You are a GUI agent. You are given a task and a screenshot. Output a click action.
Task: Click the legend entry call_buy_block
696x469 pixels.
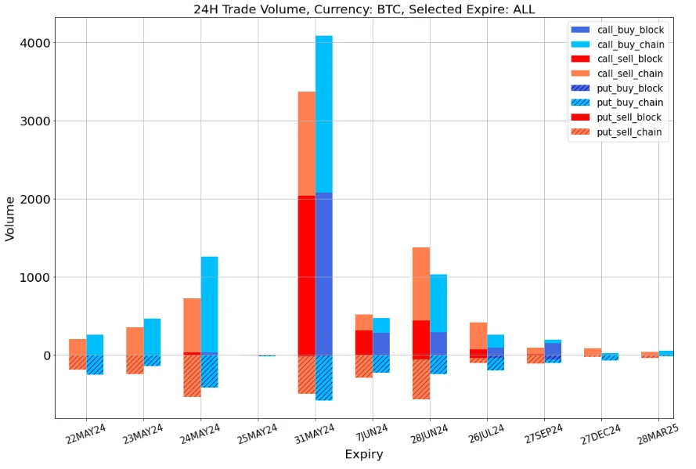tap(630, 30)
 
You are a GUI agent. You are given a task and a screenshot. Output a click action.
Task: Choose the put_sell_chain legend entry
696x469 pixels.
tap(631, 132)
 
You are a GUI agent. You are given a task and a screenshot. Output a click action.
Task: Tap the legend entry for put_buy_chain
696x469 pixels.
tap(630, 103)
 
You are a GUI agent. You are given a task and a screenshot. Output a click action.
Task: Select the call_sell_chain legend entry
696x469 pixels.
tap(630, 74)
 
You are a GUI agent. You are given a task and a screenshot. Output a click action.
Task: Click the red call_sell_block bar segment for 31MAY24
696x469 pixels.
tap(306, 275)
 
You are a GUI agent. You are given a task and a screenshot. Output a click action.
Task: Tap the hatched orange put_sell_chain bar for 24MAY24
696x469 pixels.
tap(192, 376)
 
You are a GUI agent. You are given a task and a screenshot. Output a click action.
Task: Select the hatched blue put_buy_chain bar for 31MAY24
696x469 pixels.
tap(323, 377)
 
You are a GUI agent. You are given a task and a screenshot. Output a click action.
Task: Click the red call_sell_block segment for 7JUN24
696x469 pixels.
tap(363, 342)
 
